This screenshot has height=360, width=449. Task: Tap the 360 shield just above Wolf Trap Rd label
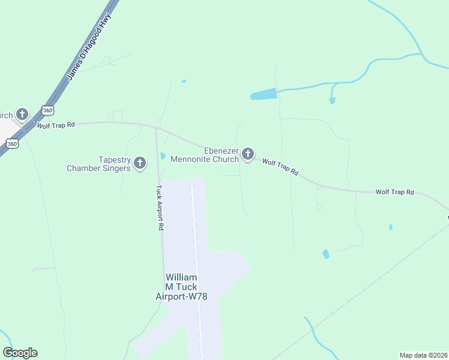click(48, 110)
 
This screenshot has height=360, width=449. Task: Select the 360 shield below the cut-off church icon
click(12, 143)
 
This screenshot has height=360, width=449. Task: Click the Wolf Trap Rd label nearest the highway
click(55, 125)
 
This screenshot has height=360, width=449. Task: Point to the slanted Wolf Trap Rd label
click(280, 167)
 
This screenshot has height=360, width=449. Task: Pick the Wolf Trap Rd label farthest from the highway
click(394, 192)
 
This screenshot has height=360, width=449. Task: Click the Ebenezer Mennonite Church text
click(205, 155)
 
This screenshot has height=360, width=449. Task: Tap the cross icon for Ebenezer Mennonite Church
click(247, 155)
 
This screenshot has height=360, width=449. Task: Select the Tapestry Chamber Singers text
click(98, 164)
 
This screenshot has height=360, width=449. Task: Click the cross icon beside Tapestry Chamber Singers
click(140, 163)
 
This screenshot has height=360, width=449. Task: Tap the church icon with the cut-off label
click(22, 113)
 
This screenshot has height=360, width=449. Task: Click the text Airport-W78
click(181, 296)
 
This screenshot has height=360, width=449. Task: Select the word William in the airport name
click(181, 277)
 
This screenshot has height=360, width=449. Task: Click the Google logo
click(20, 353)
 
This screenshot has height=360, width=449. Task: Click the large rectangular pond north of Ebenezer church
click(264, 94)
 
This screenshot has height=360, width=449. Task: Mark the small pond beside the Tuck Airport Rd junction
click(163, 157)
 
